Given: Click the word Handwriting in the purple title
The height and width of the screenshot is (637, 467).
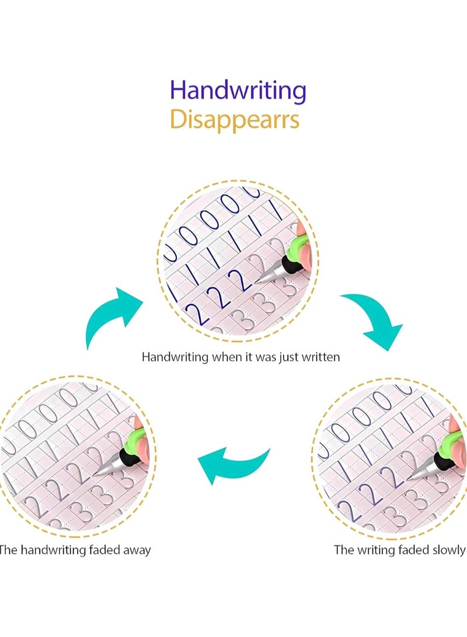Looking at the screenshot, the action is point(238,91).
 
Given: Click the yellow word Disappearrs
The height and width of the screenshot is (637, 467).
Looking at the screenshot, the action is point(235,120).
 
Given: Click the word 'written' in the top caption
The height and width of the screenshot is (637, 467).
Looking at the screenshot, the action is point(320,357).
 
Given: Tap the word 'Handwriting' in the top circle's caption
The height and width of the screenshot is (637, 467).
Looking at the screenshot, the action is point(175,357).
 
